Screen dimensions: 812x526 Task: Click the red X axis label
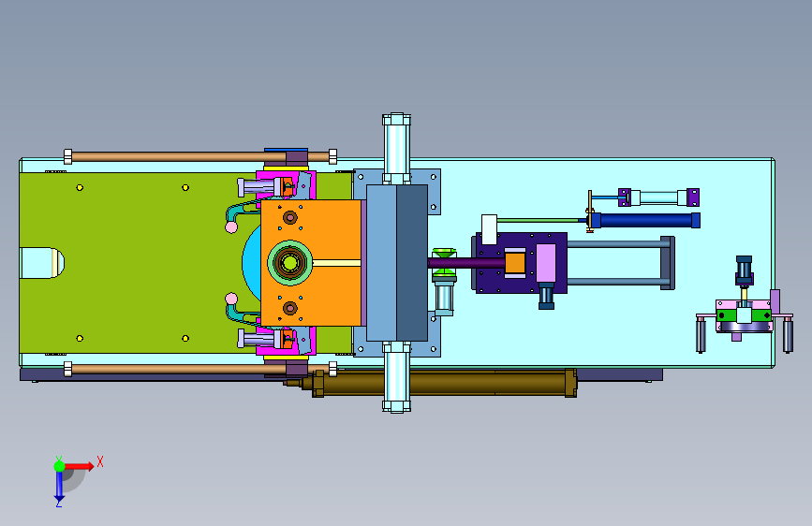click(x=100, y=461)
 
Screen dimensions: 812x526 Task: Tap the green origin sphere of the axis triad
click(x=59, y=466)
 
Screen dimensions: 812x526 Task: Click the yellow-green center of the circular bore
click(x=289, y=263)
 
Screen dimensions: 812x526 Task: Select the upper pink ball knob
click(x=231, y=226)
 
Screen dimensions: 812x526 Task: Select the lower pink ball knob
click(x=231, y=299)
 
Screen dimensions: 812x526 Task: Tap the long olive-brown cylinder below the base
click(x=444, y=384)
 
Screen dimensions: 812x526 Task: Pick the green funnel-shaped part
click(x=444, y=254)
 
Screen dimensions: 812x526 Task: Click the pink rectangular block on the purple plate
click(x=546, y=263)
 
